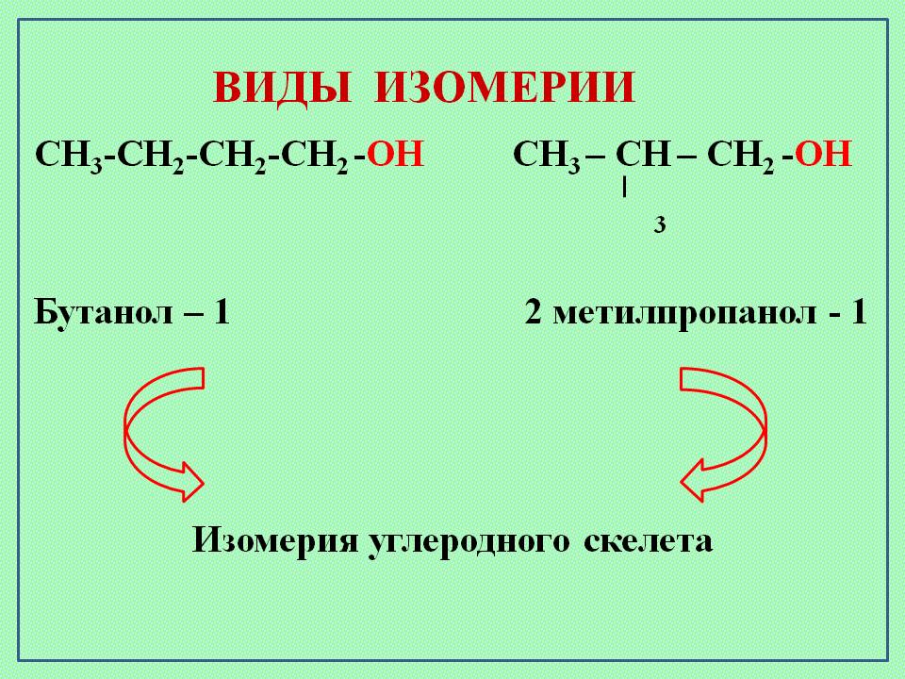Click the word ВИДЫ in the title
[x=282, y=89]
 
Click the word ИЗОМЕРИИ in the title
[x=505, y=87]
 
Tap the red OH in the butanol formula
[x=395, y=154]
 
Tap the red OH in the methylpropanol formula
[x=824, y=154]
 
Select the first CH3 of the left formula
[x=69, y=156]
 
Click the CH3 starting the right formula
[x=547, y=156]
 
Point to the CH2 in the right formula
[x=741, y=156]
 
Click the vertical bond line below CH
[x=624, y=188]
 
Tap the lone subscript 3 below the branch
[x=660, y=224]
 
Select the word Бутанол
[x=104, y=312]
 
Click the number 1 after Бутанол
[x=222, y=312]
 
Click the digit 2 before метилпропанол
[x=534, y=312]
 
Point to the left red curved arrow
[x=164, y=434]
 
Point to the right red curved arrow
[x=723, y=434]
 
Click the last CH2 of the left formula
[x=315, y=156]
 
